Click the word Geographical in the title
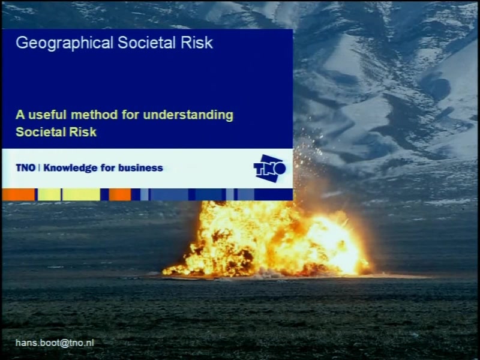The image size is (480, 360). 65,43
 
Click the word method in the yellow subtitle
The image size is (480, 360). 94,115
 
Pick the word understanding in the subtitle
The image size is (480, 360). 188,116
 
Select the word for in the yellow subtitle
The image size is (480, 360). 130,115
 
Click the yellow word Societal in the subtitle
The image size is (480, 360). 40,132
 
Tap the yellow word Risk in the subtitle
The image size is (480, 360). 83,132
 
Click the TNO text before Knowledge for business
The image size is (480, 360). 26,168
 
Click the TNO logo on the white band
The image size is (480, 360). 269,169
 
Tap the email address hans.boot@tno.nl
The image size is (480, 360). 55,343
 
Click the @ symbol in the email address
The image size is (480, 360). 65,343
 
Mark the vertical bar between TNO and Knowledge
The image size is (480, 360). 40,168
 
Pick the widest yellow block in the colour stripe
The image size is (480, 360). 81,194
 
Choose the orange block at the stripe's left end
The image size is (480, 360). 18,194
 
